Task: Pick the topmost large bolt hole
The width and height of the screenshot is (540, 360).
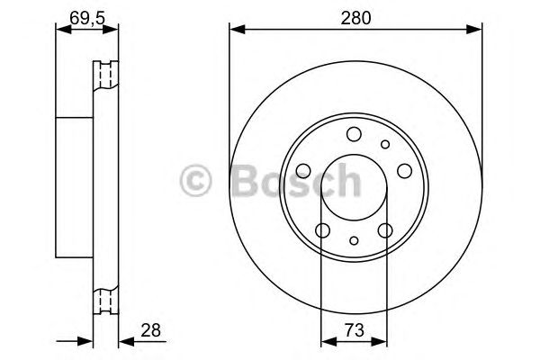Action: pyautogui.click(x=354, y=135)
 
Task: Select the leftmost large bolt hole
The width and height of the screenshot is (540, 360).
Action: pyautogui.click(x=304, y=171)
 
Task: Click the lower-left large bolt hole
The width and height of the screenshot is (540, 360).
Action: pyautogui.click(x=323, y=230)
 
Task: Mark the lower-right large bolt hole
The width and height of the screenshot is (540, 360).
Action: pyautogui.click(x=385, y=230)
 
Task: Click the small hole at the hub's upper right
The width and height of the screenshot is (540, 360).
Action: pyautogui.click(x=385, y=144)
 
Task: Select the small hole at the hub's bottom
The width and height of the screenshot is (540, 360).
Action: pyautogui.click(x=355, y=240)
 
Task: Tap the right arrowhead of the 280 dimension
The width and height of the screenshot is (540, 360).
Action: pyautogui.click(x=476, y=29)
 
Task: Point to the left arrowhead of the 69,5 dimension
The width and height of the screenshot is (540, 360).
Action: pyautogui.click(x=60, y=29)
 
